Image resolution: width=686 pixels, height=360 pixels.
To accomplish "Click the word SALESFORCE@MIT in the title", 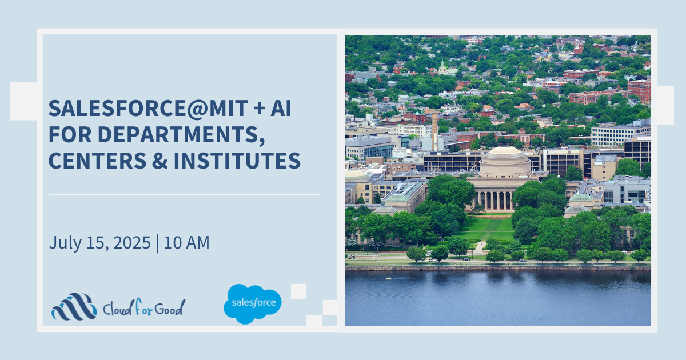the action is click(x=148, y=109).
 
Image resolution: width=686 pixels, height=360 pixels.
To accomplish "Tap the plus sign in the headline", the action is click(x=260, y=109).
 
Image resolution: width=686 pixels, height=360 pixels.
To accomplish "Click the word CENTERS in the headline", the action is click(x=97, y=161).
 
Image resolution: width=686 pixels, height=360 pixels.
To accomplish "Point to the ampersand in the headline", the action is click(x=160, y=161).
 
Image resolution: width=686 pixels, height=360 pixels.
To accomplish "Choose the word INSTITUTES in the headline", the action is click(x=237, y=161).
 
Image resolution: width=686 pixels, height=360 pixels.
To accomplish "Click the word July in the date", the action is click(x=65, y=243).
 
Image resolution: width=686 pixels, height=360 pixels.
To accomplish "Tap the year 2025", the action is click(x=131, y=243).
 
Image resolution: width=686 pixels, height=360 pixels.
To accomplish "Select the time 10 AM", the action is click(x=186, y=243).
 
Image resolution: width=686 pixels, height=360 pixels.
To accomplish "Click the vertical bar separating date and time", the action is click(x=157, y=243).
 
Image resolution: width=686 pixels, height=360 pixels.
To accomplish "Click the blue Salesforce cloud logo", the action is click(x=252, y=303).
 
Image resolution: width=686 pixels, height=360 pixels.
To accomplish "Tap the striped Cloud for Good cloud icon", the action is click(x=74, y=307).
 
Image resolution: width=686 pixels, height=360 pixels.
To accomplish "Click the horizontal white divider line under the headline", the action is click(x=184, y=194).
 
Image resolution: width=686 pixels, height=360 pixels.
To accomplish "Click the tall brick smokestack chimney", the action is click(x=435, y=131).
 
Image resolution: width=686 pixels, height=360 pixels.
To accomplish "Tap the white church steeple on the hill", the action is click(x=442, y=66).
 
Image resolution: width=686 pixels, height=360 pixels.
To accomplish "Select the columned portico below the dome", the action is click(x=494, y=199).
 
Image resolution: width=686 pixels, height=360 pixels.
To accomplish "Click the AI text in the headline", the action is click(x=281, y=109).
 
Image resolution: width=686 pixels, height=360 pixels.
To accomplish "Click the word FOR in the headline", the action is click(x=70, y=134).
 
